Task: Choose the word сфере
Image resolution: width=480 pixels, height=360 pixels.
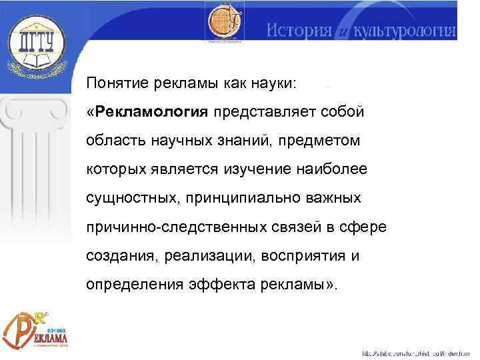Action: click(362, 227)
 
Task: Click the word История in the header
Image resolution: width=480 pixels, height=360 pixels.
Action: click(299, 31)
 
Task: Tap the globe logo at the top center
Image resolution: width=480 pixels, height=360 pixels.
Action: click(225, 24)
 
